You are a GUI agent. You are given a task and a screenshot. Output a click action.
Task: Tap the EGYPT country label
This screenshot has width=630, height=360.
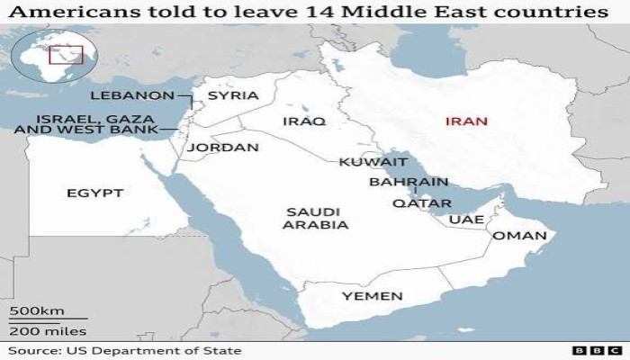[x=94, y=193]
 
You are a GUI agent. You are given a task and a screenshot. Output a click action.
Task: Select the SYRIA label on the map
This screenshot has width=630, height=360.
[x=232, y=95]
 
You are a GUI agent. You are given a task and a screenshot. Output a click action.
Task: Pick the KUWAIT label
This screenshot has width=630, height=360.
[x=373, y=163]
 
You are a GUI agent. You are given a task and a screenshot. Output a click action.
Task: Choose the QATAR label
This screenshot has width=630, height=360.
[x=421, y=203]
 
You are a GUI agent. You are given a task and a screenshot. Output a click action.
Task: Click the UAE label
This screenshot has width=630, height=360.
[x=466, y=219]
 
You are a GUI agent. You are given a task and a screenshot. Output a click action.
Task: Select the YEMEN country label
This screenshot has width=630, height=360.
[x=373, y=296]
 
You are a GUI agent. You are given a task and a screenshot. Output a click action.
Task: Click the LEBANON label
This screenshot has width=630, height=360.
[x=130, y=95]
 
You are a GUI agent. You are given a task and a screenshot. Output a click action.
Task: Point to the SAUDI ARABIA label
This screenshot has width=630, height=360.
[x=315, y=219]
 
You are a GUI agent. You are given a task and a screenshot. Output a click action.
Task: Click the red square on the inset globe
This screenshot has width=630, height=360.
[x=70, y=56]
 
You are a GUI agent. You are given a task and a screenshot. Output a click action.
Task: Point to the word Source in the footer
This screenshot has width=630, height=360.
[x=31, y=350]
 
